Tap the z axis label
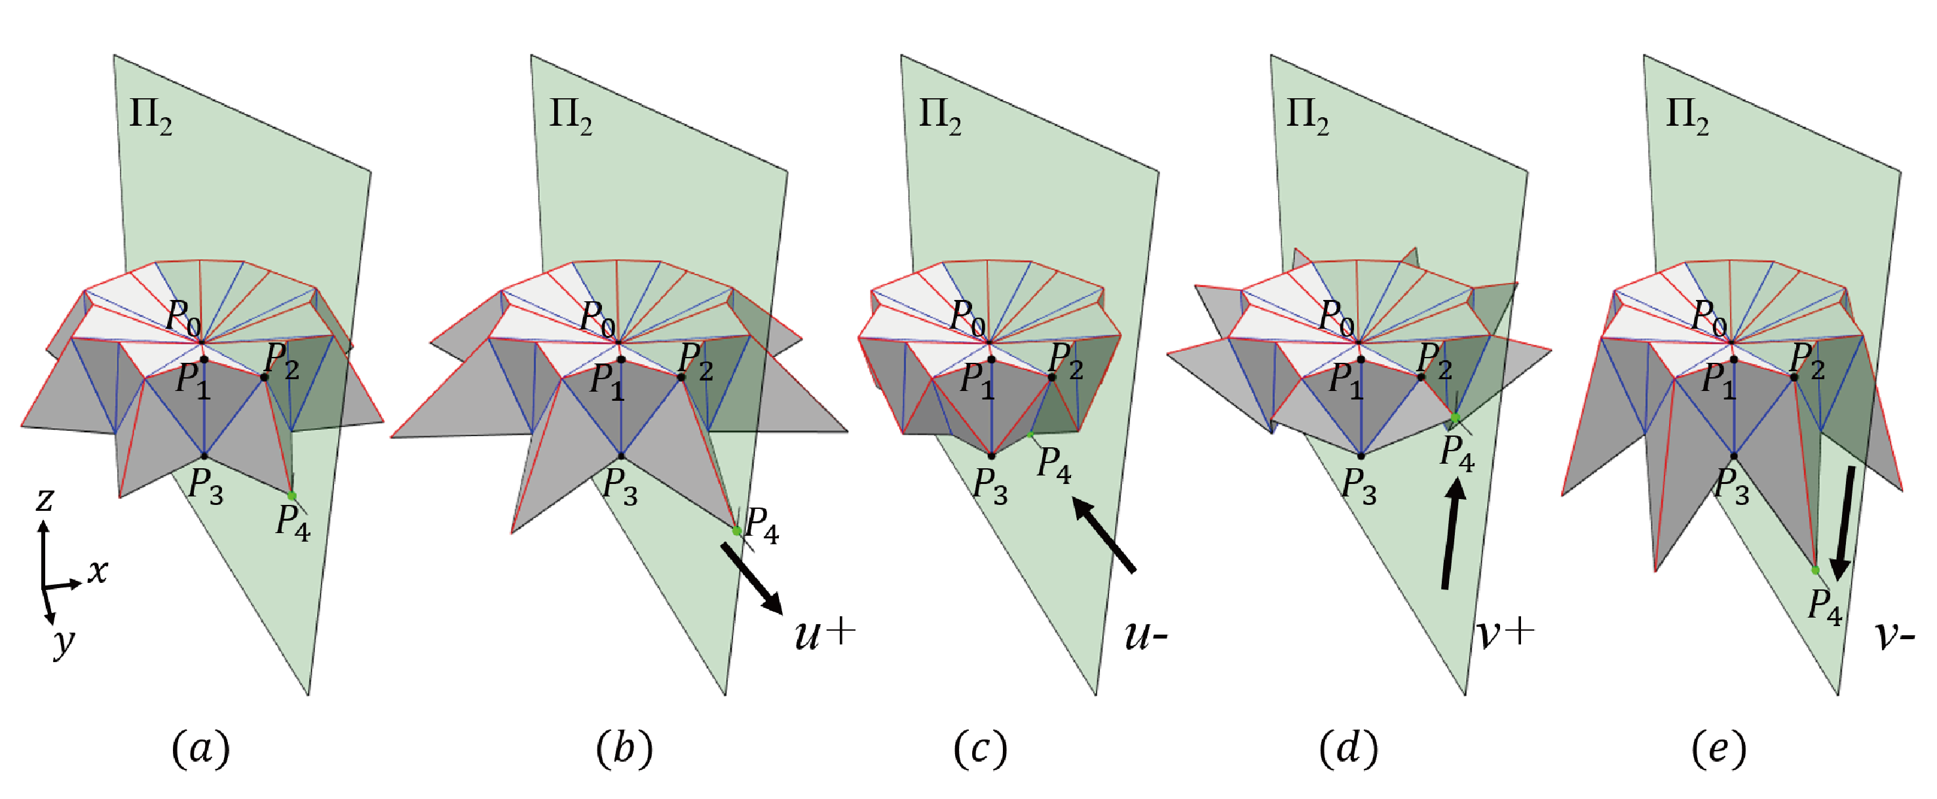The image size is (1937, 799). (45, 499)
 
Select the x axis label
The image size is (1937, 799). (98, 571)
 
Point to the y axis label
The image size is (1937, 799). (65, 642)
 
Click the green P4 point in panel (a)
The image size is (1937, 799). (291, 495)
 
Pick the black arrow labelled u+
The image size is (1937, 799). (752, 579)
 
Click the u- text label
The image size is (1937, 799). (1145, 636)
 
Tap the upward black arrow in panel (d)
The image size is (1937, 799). (1451, 534)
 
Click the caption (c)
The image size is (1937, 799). (980, 749)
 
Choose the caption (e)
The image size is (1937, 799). (1719, 749)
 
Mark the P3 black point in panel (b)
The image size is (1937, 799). (621, 456)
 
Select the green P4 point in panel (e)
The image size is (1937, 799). (1815, 570)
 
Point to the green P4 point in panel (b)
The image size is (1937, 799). (737, 530)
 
